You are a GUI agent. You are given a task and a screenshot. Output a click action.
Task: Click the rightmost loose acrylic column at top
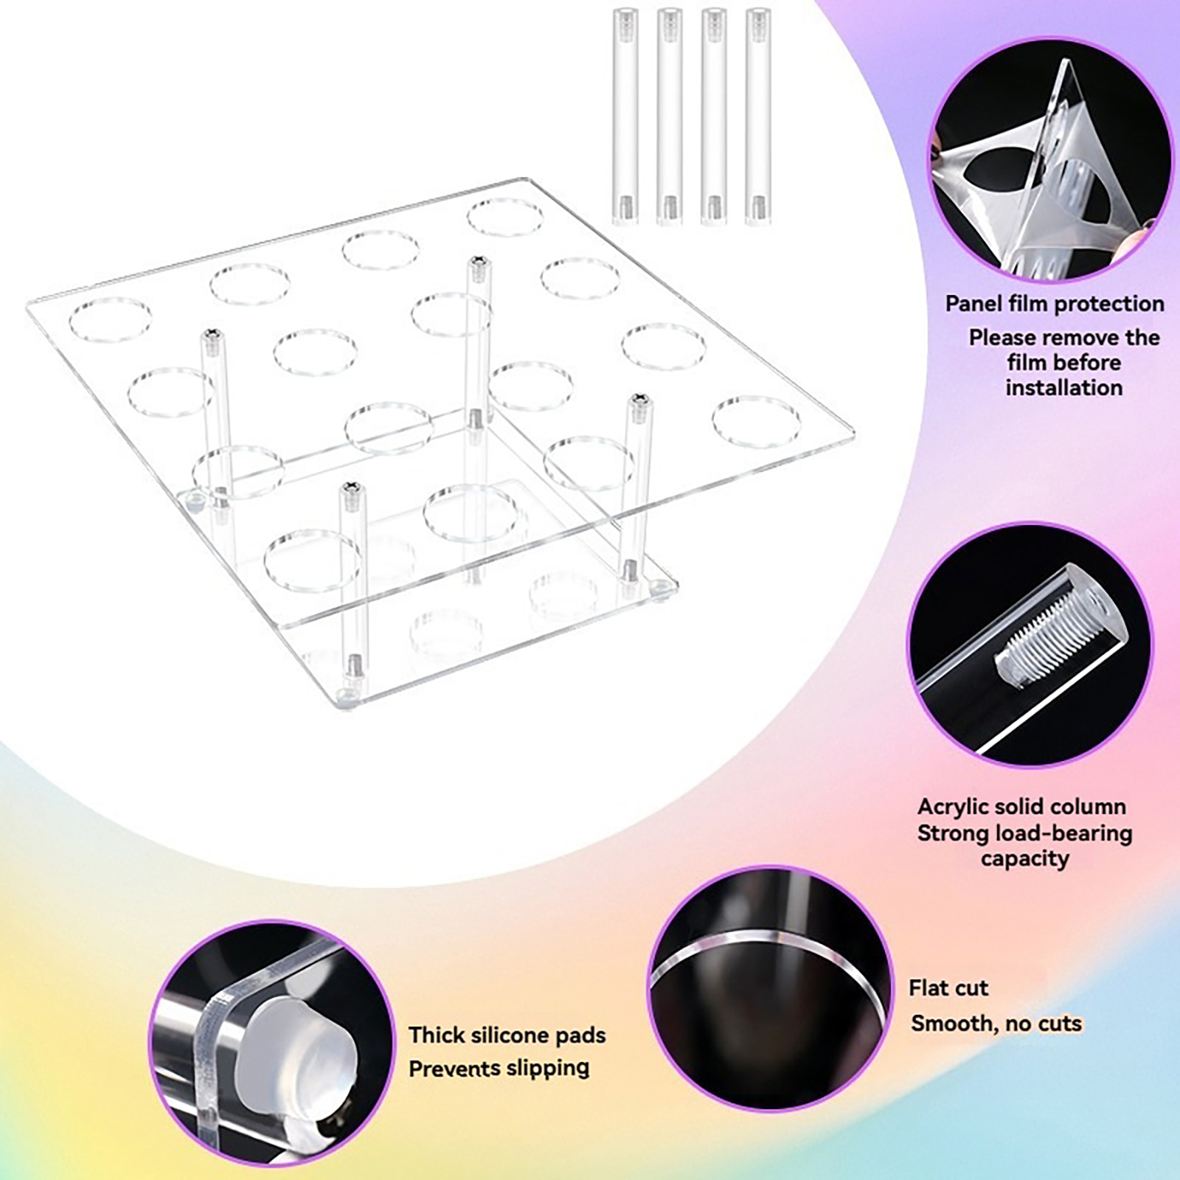coord(758,115)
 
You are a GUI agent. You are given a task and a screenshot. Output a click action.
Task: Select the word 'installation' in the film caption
coord(1063,387)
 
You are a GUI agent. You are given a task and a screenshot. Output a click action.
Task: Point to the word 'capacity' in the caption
coord(1024,858)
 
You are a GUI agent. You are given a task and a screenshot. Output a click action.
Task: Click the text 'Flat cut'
coord(948,988)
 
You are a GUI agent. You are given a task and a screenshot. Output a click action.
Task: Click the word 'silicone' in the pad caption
coord(515,1035)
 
